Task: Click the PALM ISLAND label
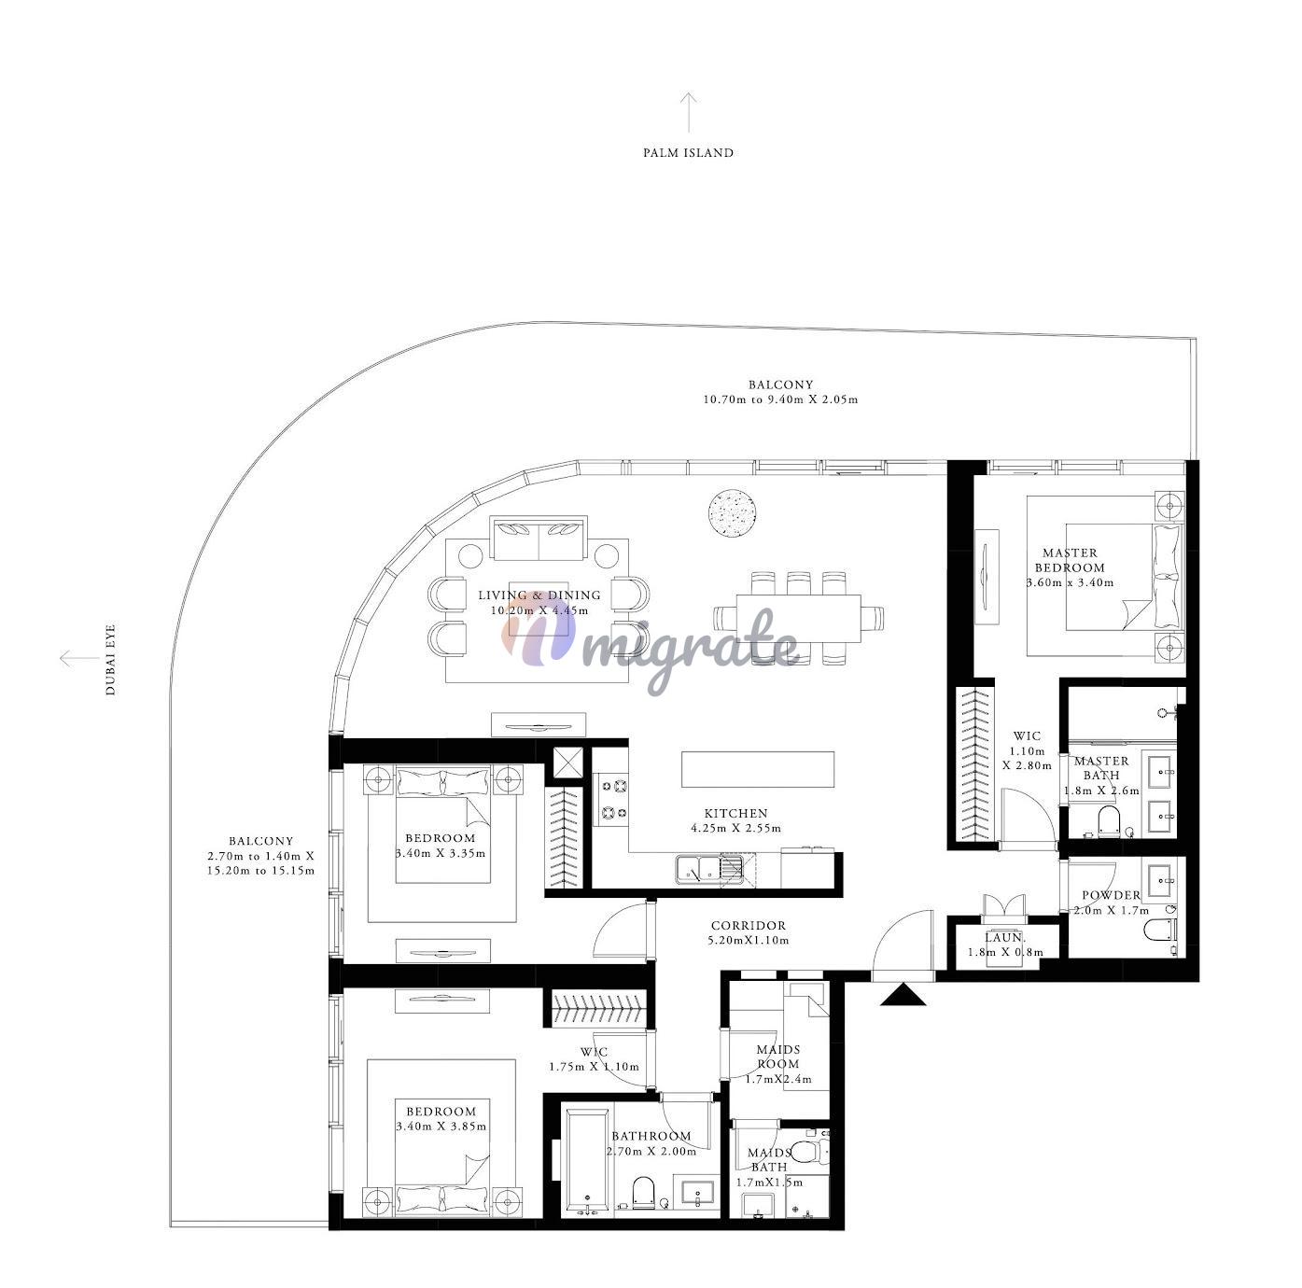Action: click(688, 153)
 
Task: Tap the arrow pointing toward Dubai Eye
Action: click(79, 657)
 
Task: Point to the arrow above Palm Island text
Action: click(688, 112)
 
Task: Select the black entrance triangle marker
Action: click(903, 994)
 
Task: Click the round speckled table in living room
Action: click(732, 515)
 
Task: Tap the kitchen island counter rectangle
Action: click(758, 769)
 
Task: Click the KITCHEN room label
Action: click(735, 813)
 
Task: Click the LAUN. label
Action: click(1004, 938)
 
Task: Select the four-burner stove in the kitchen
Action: click(610, 800)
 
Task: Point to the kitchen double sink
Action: click(708, 870)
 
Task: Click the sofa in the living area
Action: click(539, 539)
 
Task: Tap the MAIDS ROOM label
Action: click(778, 1057)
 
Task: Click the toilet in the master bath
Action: click(1108, 821)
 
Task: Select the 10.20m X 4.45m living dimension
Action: click(539, 610)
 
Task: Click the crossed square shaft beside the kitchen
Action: click(567, 764)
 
